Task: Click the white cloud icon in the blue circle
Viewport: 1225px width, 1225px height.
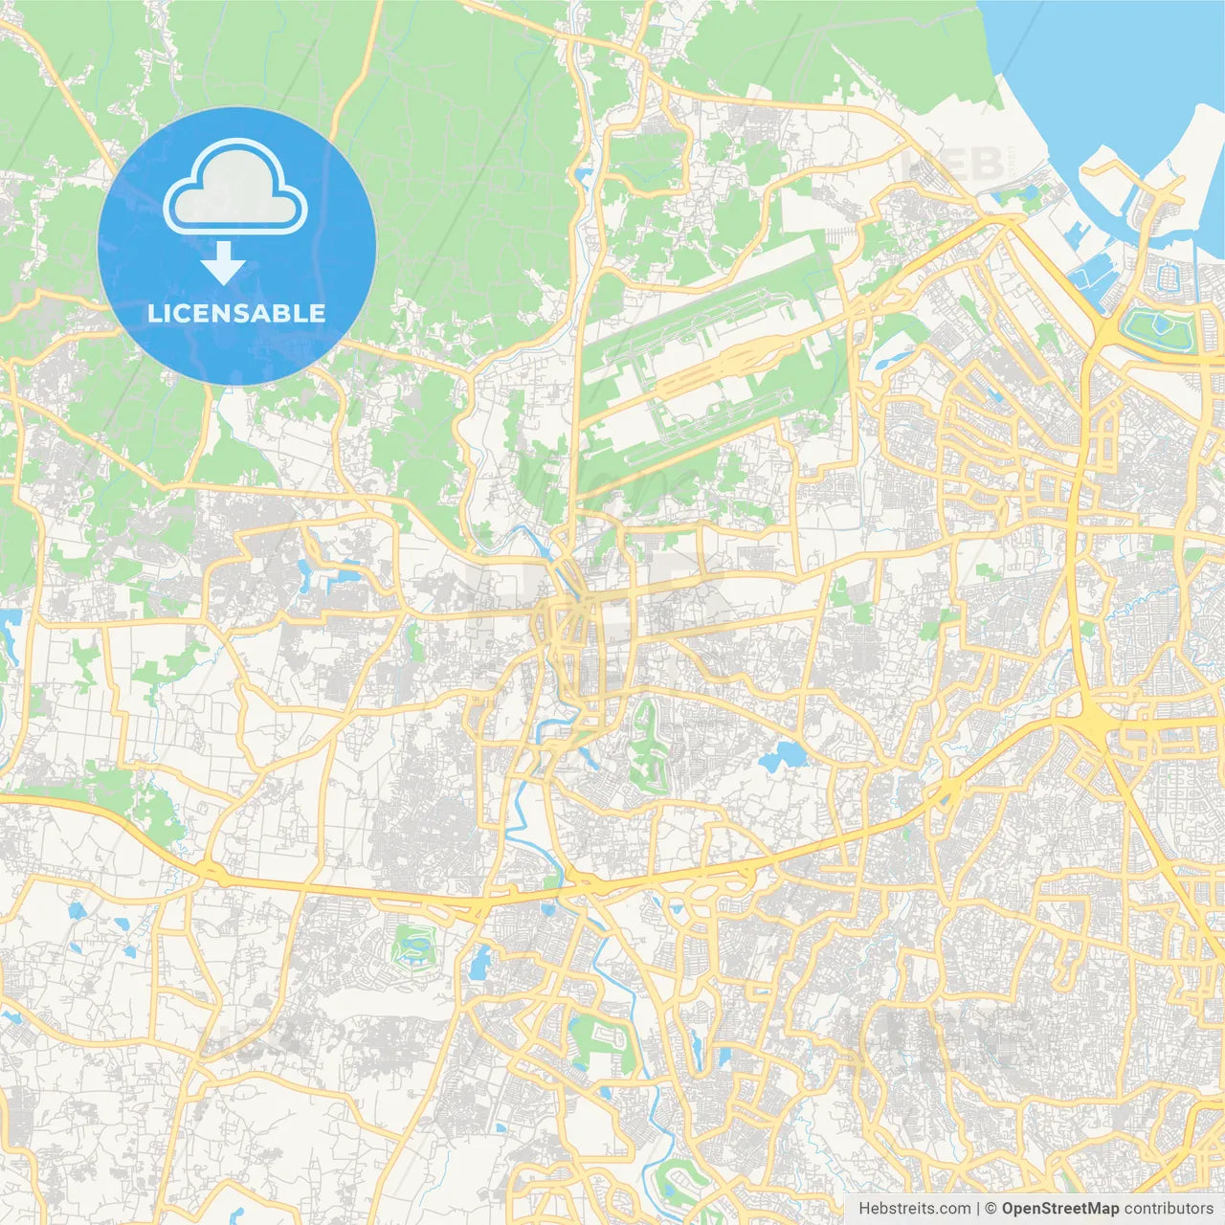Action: [235, 188]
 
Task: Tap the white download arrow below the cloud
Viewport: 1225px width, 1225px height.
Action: [223, 263]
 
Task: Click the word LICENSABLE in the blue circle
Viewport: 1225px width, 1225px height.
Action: [236, 313]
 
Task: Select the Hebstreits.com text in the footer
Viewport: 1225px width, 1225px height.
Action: [914, 1209]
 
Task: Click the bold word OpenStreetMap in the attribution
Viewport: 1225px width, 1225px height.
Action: [1060, 1209]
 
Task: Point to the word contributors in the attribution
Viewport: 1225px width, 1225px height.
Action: [1168, 1209]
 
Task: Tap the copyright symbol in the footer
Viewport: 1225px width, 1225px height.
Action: [991, 1209]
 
